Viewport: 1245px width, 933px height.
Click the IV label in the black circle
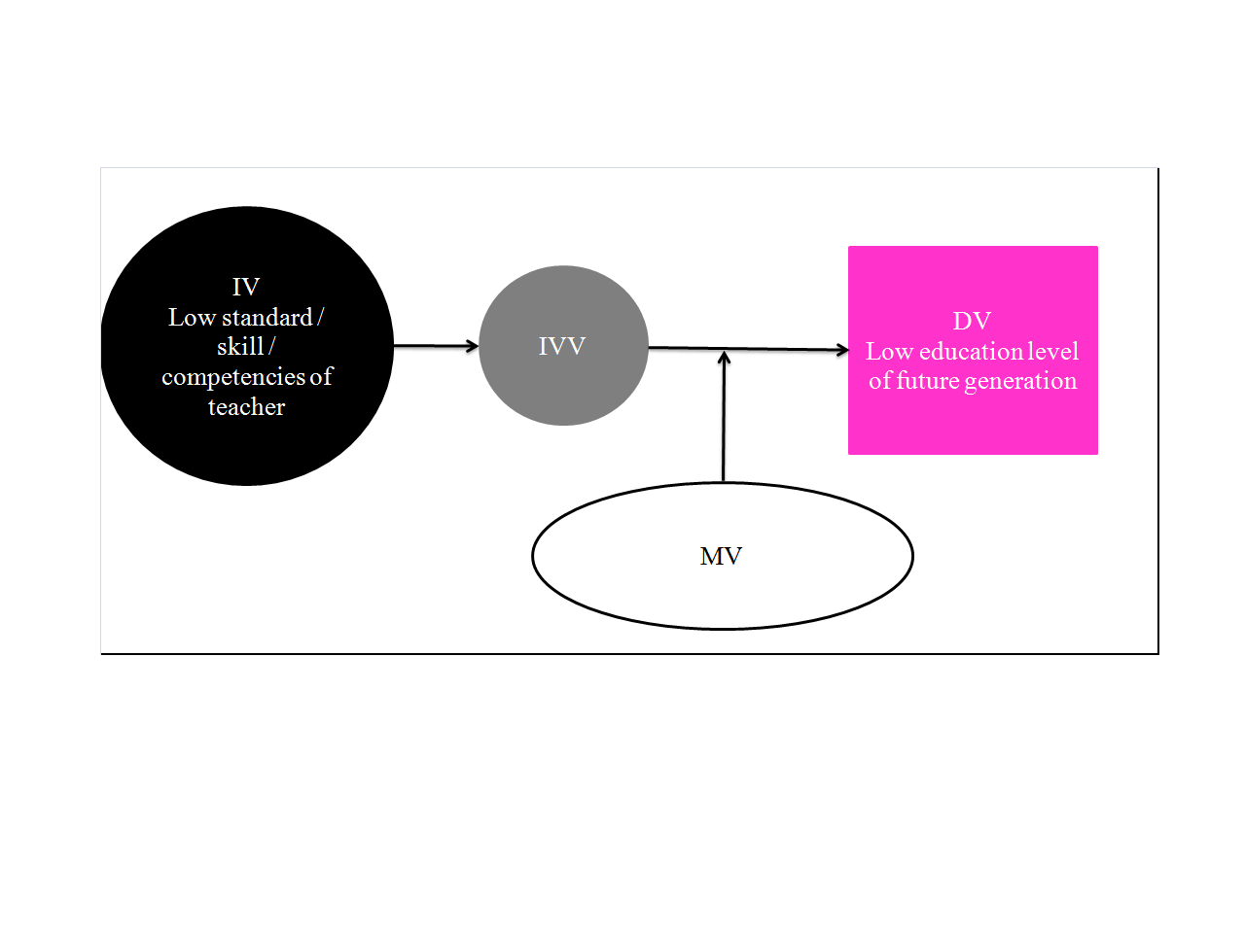pos(246,288)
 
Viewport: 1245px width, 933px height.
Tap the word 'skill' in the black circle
pos(240,347)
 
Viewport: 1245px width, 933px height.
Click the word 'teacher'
pos(246,407)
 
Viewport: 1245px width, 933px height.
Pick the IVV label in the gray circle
pos(562,347)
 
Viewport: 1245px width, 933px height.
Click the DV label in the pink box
pos(972,322)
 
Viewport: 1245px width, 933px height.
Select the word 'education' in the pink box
pos(973,351)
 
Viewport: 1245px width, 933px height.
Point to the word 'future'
pos(929,381)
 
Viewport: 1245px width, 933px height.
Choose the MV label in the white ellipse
pos(721,557)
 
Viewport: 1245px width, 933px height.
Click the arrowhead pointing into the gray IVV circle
pos(473,346)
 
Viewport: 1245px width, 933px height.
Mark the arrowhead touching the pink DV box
pos(842,350)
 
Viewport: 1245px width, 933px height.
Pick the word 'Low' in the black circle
pos(192,318)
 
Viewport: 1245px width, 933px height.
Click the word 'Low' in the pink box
pos(889,351)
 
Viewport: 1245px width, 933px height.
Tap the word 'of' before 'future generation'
pos(879,381)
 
